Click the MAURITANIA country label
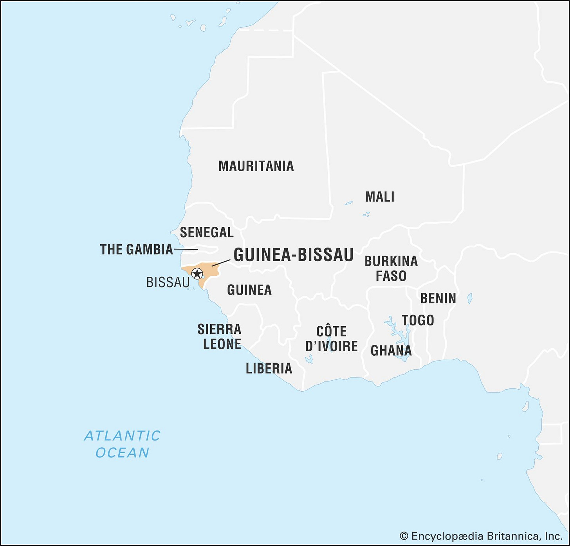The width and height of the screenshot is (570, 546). (x=256, y=166)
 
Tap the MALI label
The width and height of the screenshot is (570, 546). (x=379, y=197)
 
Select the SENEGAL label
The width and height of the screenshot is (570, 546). (x=207, y=232)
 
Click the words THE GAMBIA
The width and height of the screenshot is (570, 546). (x=136, y=249)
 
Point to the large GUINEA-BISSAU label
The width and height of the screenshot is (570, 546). (x=294, y=255)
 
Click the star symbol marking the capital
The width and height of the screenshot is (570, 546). (x=197, y=273)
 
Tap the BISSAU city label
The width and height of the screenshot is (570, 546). (x=168, y=282)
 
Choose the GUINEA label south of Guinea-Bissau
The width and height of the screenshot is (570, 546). (x=249, y=290)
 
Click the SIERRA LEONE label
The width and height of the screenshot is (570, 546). (x=220, y=336)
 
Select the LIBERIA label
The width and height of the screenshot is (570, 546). (x=269, y=369)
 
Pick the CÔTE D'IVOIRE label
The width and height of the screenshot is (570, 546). (x=332, y=339)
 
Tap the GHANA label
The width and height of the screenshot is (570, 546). (x=391, y=351)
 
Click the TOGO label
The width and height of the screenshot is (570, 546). (x=418, y=320)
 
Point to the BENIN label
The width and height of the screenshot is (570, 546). (x=438, y=298)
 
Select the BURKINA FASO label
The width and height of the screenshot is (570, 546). (x=391, y=268)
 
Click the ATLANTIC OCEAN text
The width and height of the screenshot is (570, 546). (x=123, y=444)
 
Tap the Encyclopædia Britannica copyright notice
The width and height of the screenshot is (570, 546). (x=481, y=536)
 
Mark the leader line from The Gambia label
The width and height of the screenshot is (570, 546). (x=186, y=249)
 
